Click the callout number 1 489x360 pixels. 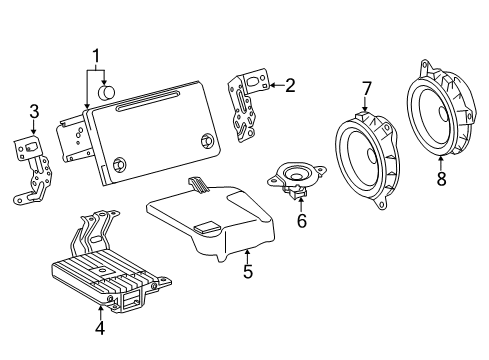pyautogui.click(x=97, y=56)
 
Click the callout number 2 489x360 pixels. pyautogui.click(x=290, y=85)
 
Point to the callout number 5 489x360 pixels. pyautogui.click(x=246, y=271)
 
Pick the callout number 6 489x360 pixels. pyautogui.click(x=301, y=220)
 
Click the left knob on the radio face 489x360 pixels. pyautogui.click(x=120, y=166)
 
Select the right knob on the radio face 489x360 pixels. pyautogui.click(x=207, y=141)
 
